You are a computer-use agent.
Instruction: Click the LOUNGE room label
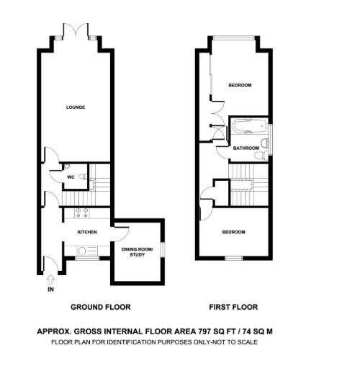76,107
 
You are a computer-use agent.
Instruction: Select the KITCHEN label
87,233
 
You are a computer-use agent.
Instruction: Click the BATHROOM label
246,148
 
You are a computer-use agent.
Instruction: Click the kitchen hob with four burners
81,213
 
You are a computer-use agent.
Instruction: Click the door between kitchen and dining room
115,231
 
